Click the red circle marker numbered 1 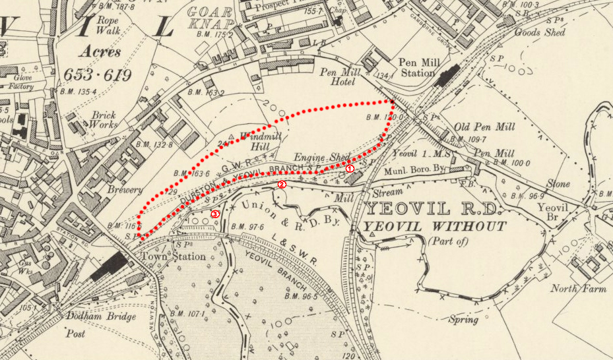point(350,169)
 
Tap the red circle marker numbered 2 point(282,185)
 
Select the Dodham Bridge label point(102,317)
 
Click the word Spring point(463,320)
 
